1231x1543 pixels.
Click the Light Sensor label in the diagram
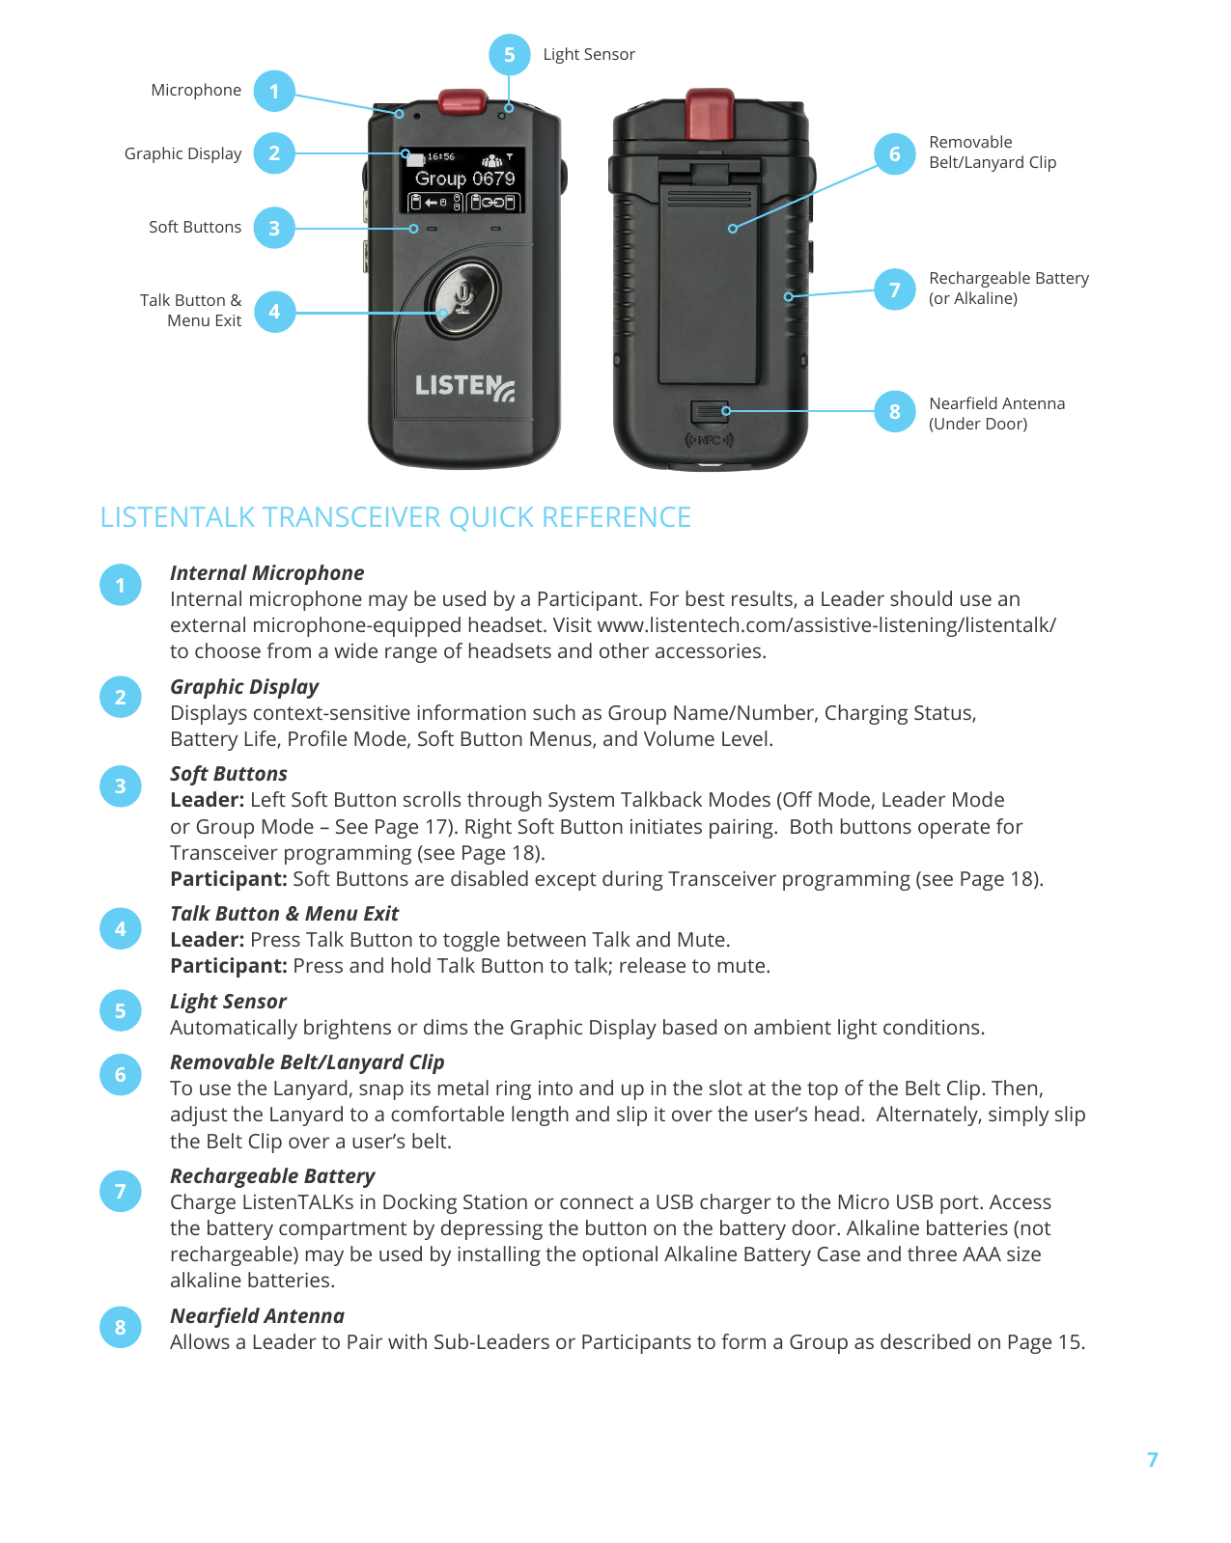pyautogui.click(x=588, y=55)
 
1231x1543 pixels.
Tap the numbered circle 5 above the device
pyautogui.click(x=509, y=55)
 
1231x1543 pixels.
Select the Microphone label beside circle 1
pyautogui.click(x=196, y=91)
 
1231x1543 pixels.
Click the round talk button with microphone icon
pyautogui.click(x=463, y=296)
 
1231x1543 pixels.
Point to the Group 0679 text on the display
pyautogui.click(x=464, y=179)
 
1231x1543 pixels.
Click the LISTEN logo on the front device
pyautogui.click(x=463, y=387)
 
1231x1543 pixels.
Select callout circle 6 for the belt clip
pyautogui.click(x=894, y=154)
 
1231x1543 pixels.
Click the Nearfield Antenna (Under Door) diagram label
pyautogui.click(x=996, y=413)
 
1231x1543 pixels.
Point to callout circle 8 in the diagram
pyautogui.click(x=894, y=412)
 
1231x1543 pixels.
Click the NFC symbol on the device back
pyautogui.click(x=710, y=440)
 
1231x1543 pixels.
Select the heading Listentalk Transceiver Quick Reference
pyautogui.click(x=396, y=517)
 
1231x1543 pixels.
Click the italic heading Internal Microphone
pyautogui.click(x=266, y=573)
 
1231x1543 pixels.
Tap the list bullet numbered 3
pyautogui.click(x=121, y=786)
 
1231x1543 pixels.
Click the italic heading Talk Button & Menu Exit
pyautogui.click(x=284, y=914)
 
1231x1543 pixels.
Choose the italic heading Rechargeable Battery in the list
pyautogui.click(x=272, y=1176)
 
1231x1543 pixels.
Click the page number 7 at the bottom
pyautogui.click(x=1152, y=1460)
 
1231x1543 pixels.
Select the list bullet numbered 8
pyautogui.click(x=121, y=1328)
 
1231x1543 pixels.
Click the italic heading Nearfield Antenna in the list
pyautogui.click(x=257, y=1316)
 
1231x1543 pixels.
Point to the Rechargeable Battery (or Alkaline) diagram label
pyautogui.click(x=1008, y=289)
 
